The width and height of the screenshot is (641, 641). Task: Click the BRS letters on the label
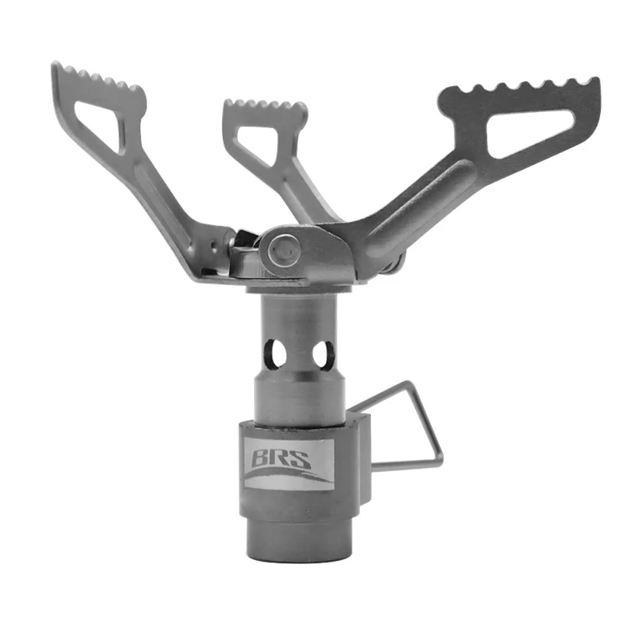pyautogui.click(x=281, y=458)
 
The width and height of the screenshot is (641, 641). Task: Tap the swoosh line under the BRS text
pyautogui.click(x=286, y=475)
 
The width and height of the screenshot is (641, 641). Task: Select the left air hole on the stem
pyautogui.click(x=276, y=353)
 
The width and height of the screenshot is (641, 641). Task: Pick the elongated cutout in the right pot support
pyautogui.click(x=530, y=132)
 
